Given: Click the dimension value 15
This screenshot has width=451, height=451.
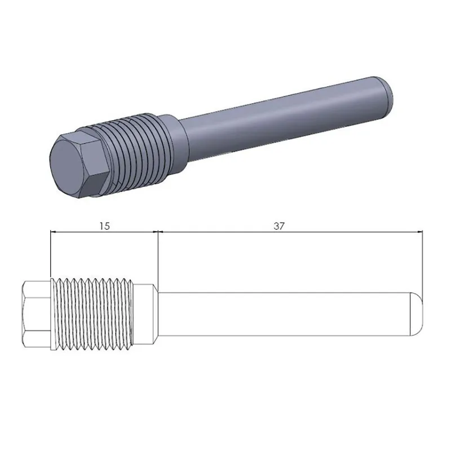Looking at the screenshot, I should click(104, 225).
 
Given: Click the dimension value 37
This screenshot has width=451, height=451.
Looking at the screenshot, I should click(279, 225).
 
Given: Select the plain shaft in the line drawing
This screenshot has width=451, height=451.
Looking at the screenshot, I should click(282, 313).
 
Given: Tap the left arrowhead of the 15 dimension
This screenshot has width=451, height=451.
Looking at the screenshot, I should click(53, 231).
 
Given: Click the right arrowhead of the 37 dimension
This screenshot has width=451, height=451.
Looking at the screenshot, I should click(419, 231).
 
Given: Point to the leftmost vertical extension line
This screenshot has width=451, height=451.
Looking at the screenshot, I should click(50, 254).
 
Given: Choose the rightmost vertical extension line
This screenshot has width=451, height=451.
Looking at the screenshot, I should click(422, 259).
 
